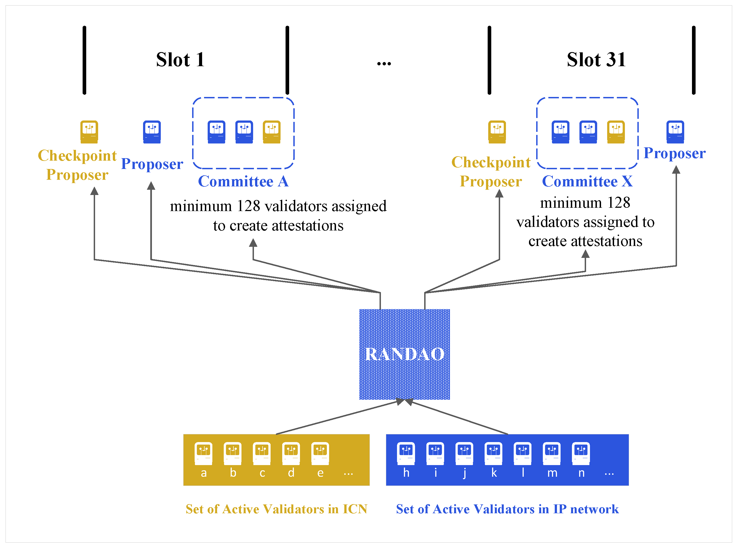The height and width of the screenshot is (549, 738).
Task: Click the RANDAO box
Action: (x=404, y=354)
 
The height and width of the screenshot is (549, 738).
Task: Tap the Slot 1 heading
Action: (x=180, y=60)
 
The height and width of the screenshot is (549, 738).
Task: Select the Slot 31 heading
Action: (x=596, y=60)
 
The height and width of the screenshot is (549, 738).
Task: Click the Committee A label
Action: (x=243, y=181)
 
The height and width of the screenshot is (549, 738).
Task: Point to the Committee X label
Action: (x=587, y=181)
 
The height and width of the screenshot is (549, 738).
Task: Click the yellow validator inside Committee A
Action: (x=272, y=132)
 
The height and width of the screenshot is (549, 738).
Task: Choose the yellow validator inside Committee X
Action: (x=616, y=132)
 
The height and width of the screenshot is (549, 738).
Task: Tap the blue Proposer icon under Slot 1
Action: (x=152, y=132)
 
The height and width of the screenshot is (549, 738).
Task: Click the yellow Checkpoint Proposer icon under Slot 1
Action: (x=89, y=132)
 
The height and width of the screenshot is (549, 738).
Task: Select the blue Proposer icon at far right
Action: (x=675, y=132)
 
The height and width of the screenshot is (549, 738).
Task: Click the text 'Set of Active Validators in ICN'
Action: (x=276, y=509)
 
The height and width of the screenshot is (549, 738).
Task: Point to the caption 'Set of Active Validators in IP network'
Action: (x=507, y=509)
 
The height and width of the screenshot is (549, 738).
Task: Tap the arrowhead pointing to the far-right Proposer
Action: (x=676, y=170)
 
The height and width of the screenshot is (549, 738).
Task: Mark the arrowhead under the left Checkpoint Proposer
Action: (x=95, y=191)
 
